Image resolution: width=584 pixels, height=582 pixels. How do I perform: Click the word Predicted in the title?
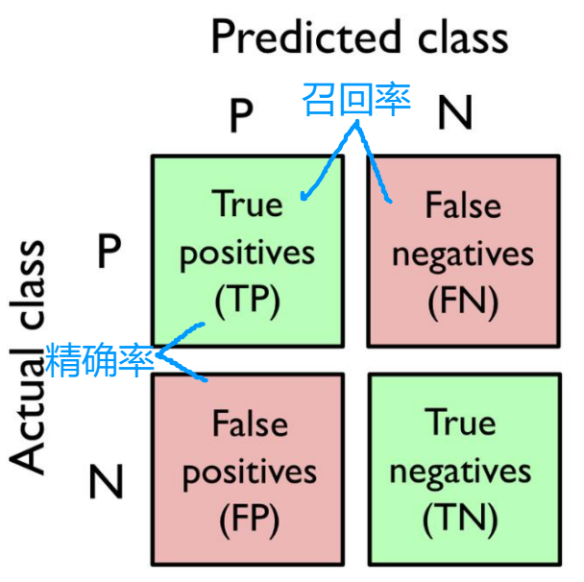(305, 36)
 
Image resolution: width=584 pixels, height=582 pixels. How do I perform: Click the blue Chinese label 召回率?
(356, 99)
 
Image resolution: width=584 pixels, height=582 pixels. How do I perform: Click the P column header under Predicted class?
(240, 116)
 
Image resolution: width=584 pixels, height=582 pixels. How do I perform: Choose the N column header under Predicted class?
(455, 114)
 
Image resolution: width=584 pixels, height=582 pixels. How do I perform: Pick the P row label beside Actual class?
(109, 252)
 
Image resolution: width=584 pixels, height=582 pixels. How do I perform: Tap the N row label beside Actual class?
(107, 480)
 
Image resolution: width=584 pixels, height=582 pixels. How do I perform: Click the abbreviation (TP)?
(247, 302)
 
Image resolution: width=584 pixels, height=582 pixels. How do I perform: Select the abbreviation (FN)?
(463, 303)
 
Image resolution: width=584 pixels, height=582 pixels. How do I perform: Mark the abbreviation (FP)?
(248, 520)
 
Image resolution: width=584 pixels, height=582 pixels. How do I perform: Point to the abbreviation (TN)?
(461, 520)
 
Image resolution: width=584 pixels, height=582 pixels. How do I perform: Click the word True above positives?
(247, 204)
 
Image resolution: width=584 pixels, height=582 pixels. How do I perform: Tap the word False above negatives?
(463, 205)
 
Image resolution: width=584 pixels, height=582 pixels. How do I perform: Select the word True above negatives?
(461, 423)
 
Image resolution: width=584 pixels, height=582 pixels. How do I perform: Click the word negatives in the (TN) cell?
(460, 472)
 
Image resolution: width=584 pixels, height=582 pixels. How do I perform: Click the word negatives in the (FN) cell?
(463, 254)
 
